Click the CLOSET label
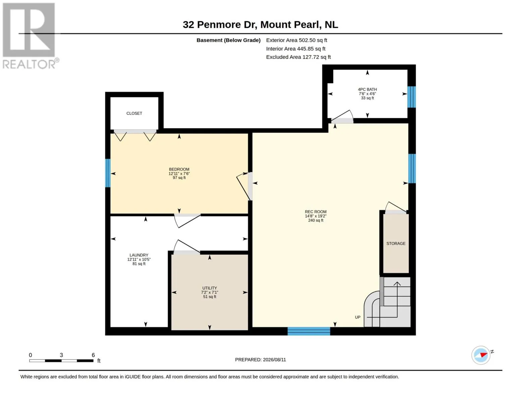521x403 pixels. [x=134, y=114]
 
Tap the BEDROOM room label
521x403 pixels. [x=179, y=169]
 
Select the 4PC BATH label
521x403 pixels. [x=367, y=90]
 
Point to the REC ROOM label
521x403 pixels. [x=315, y=212]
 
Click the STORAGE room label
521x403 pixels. [x=396, y=243]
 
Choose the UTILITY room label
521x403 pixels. [x=210, y=288]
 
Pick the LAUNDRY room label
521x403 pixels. [x=139, y=255]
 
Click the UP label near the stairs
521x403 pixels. [x=357, y=317]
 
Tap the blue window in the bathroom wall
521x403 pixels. [x=411, y=97]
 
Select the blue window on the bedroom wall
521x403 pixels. [x=108, y=173]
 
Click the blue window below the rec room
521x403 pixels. [x=309, y=331]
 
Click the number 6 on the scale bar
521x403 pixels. [x=93, y=355]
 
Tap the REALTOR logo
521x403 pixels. [x=30, y=36]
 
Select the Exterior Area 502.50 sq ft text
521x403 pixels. [x=297, y=40]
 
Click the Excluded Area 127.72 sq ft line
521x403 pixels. [x=298, y=57]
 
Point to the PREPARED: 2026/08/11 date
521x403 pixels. [x=260, y=360]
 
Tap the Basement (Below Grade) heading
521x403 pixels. [x=229, y=40]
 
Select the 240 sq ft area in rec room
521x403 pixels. [x=315, y=220]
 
